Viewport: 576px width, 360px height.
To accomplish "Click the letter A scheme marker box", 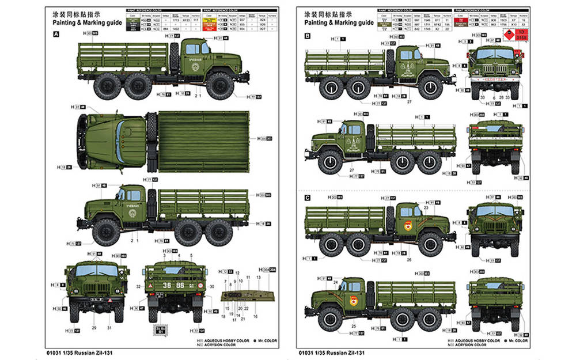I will click(56, 35).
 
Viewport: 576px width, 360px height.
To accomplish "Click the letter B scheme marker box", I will click(307, 36).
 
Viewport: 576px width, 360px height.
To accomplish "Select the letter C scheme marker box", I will click(307, 198).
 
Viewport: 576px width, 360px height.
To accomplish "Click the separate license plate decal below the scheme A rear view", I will click(158, 330).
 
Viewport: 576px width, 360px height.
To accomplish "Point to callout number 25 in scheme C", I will click(353, 325).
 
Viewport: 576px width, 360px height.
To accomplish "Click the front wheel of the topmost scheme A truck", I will click(219, 86).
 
